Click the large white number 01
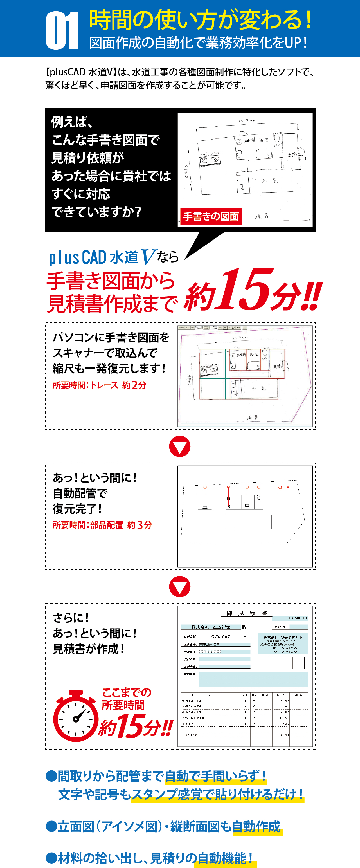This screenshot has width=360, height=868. click(x=62, y=30)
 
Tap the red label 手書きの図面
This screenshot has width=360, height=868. click(x=211, y=216)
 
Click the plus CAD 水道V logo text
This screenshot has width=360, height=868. click(x=103, y=257)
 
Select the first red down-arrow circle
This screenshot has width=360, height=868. click(x=180, y=447)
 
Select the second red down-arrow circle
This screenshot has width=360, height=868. click(x=180, y=587)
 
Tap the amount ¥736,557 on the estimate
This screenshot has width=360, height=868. click(x=220, y=636)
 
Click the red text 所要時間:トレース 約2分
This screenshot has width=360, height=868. click(x=99, y=385)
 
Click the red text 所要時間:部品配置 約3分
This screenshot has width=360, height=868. click(x=102, y=525)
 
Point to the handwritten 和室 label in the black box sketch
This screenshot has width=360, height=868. click(x=270, y=181)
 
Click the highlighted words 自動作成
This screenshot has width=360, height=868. click(x=256, y=827)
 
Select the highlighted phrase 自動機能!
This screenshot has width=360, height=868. click(x=226, y=858)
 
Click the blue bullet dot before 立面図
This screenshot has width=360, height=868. click(x=51, y=827)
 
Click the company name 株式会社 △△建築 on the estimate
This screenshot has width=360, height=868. click(x=211, y=627)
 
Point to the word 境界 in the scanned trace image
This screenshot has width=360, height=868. click(x=252, y=418)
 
